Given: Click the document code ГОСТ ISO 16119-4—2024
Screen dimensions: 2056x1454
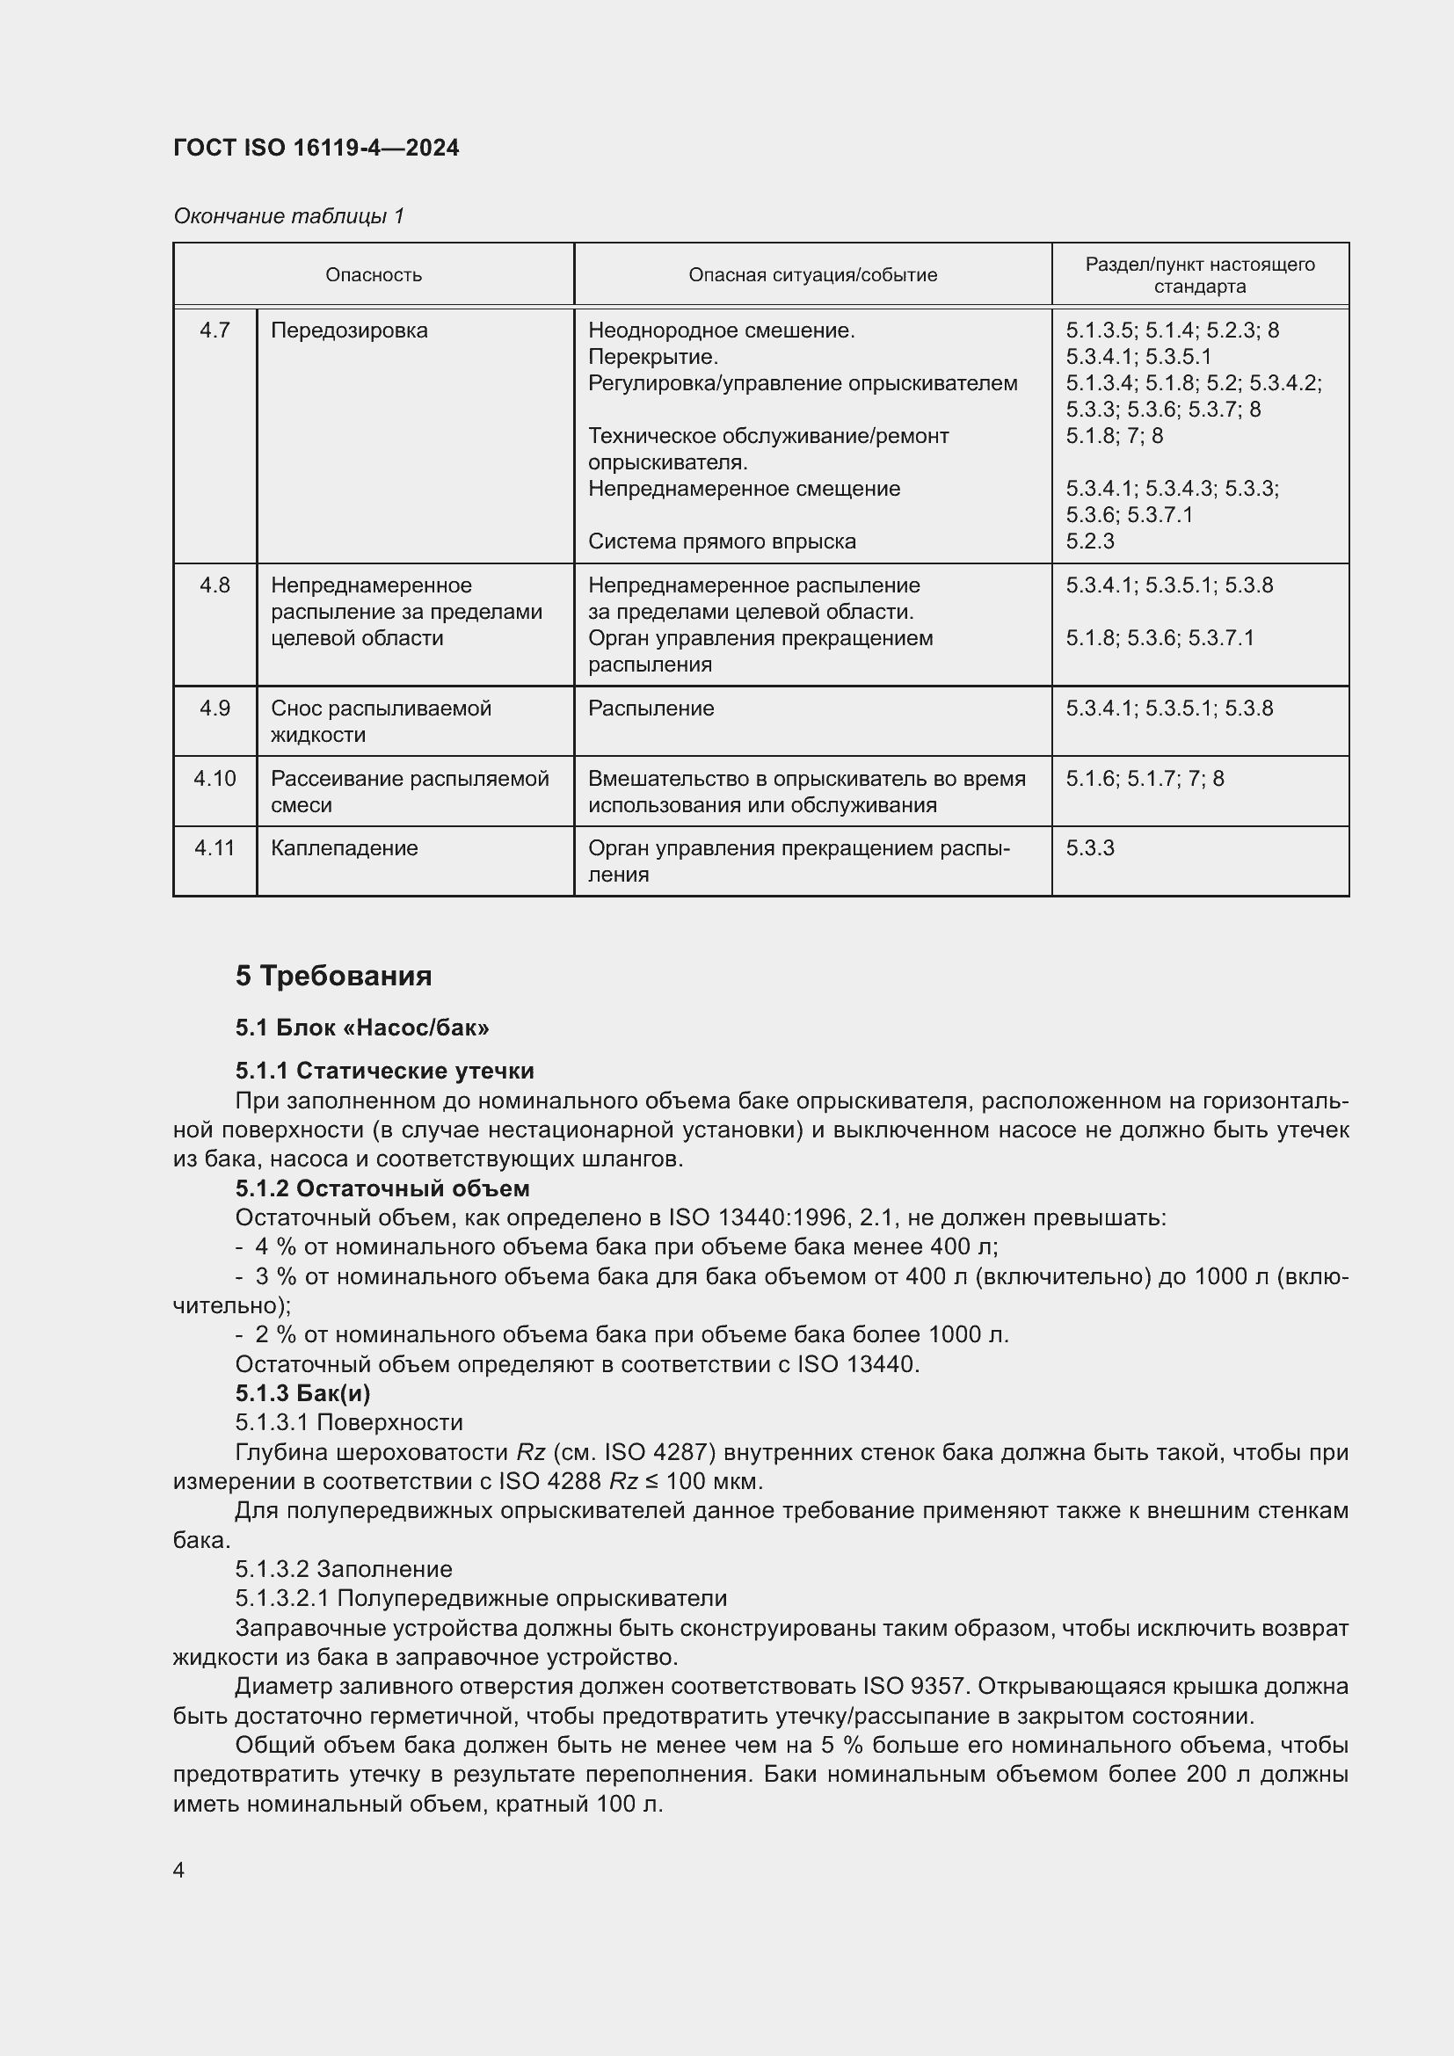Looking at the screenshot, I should pos(316,148).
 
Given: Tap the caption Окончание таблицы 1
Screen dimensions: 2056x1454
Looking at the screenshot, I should pos(288,216).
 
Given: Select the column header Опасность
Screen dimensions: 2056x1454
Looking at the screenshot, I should pos(374,275).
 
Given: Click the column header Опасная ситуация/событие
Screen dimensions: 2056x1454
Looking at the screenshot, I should pos(812,275).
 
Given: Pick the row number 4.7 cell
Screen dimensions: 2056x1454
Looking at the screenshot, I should pos(214,331).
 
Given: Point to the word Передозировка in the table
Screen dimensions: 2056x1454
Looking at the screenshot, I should pos(349,331).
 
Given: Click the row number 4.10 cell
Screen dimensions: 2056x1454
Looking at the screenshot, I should pos(214,778).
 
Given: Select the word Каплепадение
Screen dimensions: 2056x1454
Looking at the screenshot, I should pos(344,848).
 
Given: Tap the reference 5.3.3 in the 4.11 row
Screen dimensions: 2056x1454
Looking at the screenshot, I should pos(1089,848).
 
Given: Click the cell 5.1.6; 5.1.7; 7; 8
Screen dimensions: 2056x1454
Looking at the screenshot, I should pos(1145,778).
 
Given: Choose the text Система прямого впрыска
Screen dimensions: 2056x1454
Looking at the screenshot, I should pos(722,541).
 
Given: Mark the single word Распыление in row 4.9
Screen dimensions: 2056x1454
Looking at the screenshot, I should pos(651,708).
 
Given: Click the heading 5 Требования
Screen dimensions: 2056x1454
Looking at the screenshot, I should pos(333,975).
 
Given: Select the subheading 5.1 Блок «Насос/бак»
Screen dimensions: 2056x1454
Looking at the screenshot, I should pos(361,1027).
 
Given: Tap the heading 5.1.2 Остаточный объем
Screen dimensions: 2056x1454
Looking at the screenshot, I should pos(382,1188).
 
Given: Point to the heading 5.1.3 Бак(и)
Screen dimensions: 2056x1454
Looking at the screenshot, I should pos(302,1393).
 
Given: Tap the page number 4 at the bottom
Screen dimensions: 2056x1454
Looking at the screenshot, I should pos(178,1870).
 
